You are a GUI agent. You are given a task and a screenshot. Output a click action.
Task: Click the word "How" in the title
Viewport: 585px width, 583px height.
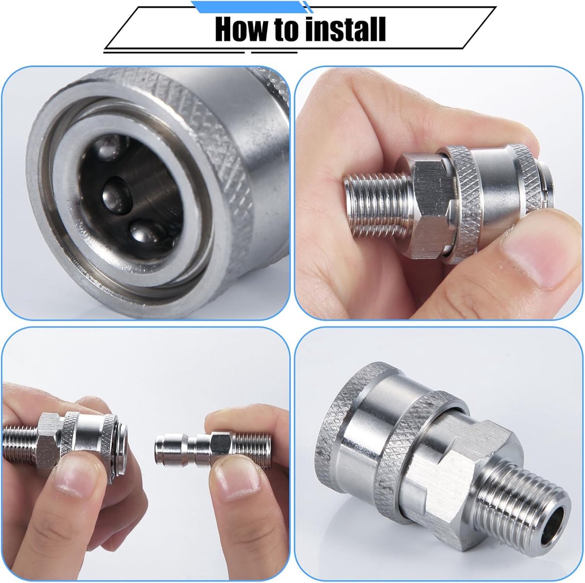coord(241,29)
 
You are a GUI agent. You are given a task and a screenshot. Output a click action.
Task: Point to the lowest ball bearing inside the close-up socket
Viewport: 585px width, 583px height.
coord(145,233)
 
